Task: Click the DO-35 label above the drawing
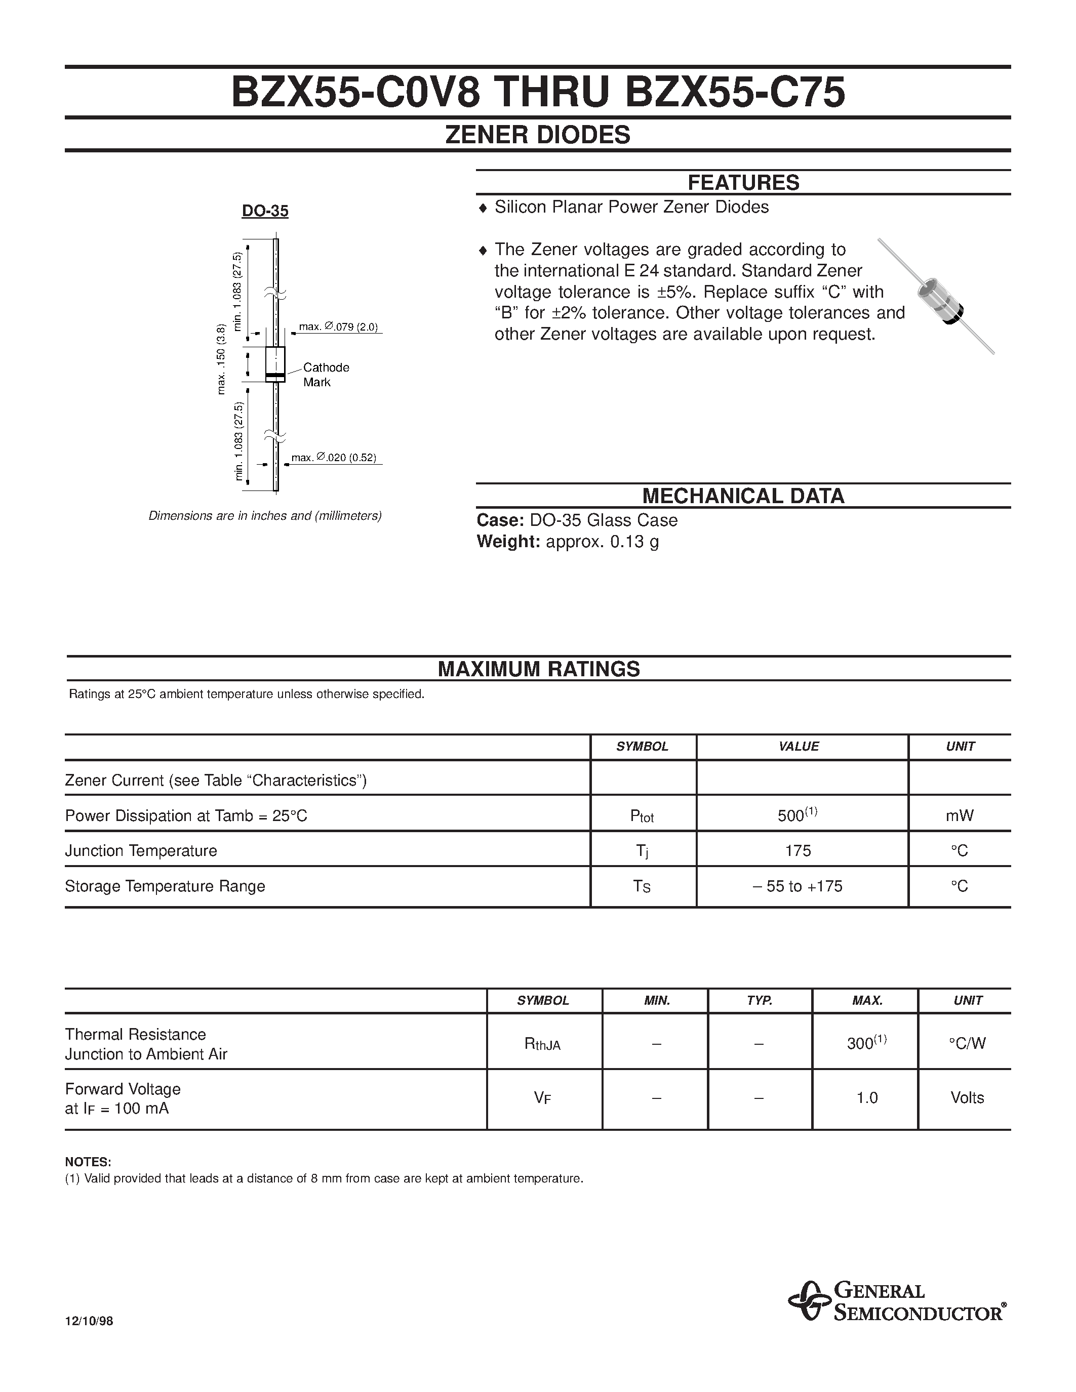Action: tap(265, 211)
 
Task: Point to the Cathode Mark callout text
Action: tap(325, 375)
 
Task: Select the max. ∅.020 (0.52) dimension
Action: tap(334, 458)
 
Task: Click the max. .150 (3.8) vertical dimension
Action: tap(221, 359)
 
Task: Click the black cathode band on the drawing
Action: tap(275, 376)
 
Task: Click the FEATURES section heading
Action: tap(743, 183)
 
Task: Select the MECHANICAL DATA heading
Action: tap(743, 496)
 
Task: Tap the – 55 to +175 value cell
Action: tap(798, 886)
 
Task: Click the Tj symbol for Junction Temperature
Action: tap(642, 851)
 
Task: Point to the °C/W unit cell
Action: tap(967, 1043)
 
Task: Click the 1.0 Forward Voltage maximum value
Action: tap(867, 1097)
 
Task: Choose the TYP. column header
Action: tap(759, 1001)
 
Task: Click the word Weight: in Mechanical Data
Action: tap(508, 542)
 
